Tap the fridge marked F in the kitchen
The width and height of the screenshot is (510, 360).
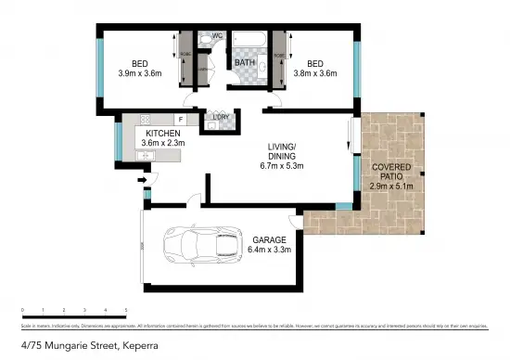181,120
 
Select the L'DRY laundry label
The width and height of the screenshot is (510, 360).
210,117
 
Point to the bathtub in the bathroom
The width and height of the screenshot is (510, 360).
248,42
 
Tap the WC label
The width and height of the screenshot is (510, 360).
218,36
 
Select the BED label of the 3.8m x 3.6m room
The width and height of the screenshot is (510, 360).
315,64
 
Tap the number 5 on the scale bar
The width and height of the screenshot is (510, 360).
125,309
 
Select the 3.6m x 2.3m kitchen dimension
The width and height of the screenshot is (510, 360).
161,145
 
